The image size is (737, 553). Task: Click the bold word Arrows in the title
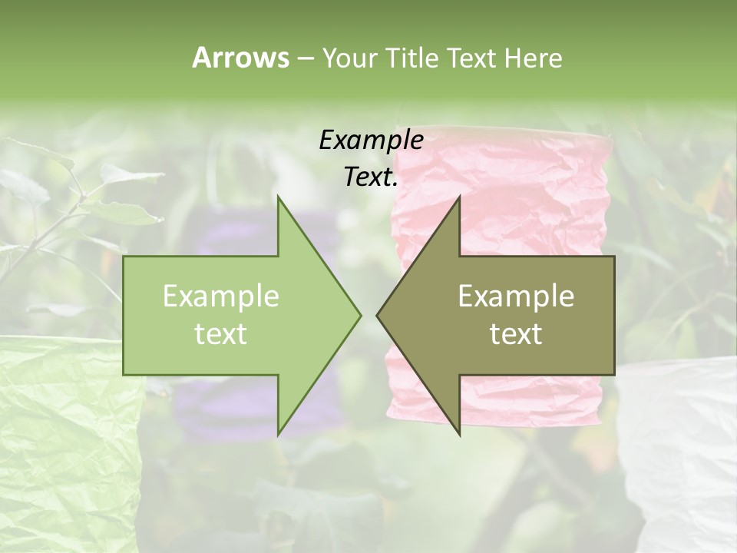pyautogui.click(x=240, y=58)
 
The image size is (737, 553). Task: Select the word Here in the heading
pyautogui.click(x=533, y=58)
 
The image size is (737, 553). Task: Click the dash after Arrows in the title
pyautogui.click(x=305, y=58)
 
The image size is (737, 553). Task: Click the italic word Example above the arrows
pyautogui.click(x=371, y=141)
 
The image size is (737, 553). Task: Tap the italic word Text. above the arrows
pyautogui.click(x=371, y=177)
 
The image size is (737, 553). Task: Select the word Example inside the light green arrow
pyautogui.click(x=221, y=296)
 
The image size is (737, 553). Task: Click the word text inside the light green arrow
pyautogui.click(x=221, y=333)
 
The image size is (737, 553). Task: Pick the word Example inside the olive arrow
pyautogui.click(x=516, y=296)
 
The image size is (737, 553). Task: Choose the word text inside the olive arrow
pyautogui.click(x=516, y=333)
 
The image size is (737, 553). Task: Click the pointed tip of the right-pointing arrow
pyautogui.click(x=360, y=315)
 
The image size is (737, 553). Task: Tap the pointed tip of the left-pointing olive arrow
pyautogui.click(x=378, y=315)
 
